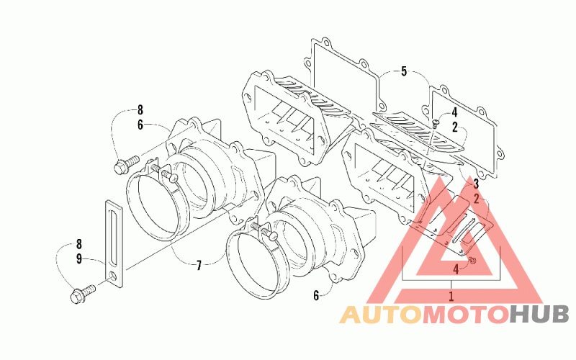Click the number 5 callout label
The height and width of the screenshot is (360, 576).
(404, 71)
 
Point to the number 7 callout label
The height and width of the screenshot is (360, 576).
(199, 265)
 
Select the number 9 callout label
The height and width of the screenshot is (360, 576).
(79, 258)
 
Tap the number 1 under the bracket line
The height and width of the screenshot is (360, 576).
(451, 296)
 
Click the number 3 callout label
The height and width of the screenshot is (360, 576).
(476, 184)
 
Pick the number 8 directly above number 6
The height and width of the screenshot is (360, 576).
(140, 109)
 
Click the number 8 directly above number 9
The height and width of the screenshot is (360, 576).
(79, 244)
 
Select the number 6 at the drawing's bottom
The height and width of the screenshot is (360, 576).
(316, 295)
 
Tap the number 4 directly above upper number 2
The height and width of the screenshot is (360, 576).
(454, 112)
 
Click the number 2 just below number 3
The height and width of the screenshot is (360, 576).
(477, 199)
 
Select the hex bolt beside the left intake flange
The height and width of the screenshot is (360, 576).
(127, 165)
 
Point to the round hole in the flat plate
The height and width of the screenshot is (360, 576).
(114, 276)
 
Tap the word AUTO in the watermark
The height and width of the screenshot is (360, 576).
(381, 315)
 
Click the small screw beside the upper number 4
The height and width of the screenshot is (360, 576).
(436, 123)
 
